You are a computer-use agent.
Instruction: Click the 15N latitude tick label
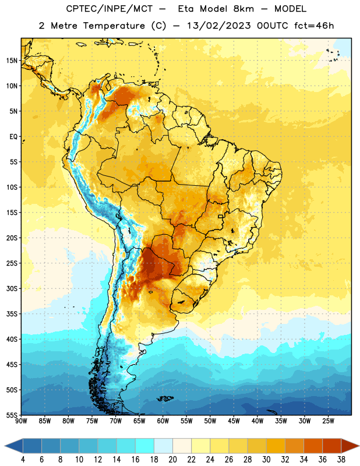[12, 61]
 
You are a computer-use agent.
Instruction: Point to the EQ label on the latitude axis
[13, 137]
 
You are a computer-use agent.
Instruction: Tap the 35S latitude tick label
[12, 314]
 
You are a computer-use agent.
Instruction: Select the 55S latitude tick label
[12, 415]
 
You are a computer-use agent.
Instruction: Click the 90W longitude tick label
[21, 421]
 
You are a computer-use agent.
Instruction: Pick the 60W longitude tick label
[163, 421]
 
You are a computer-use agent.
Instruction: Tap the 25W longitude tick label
[328, 421]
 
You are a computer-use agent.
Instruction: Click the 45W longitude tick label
[234, 421]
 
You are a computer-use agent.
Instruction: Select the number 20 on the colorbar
[172, 460]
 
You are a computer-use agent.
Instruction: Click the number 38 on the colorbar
[341, 460]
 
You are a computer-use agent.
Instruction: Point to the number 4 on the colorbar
[23, 460]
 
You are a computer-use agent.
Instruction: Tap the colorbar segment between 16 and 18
[144, 446]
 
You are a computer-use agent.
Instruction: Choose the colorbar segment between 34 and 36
[313, 446]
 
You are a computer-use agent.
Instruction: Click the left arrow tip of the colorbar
[5, 446]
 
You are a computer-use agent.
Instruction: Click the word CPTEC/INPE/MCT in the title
[109, 9]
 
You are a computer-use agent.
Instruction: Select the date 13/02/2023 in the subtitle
[219, 26]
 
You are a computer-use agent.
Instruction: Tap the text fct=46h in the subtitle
[314, 26]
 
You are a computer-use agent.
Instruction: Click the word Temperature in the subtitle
[114, 26]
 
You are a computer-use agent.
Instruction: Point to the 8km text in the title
[243, 9]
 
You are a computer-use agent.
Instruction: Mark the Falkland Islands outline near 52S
[165, 398]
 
